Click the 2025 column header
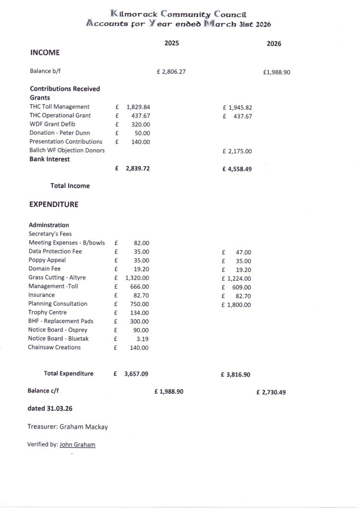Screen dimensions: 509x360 (172, 43)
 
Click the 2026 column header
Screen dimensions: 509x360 (273, 44)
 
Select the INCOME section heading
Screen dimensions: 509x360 (45, 52)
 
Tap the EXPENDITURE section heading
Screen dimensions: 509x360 (54, 204)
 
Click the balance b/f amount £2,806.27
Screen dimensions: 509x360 (171, 72)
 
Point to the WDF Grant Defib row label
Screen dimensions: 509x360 (52, 124)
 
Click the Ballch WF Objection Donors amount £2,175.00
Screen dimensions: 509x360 (237, 151)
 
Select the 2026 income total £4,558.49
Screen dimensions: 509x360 (237, 169)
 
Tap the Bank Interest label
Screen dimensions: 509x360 (49, 159)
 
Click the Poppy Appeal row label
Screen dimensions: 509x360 (47, 260)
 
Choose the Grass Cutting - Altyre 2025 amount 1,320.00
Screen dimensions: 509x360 (137, 278)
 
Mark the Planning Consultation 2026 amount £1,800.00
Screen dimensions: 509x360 (236, 305)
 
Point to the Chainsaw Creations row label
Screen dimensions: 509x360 (54, 347)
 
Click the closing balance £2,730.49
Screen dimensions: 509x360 (271, 392)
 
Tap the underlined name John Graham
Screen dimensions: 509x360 (77, 444)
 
